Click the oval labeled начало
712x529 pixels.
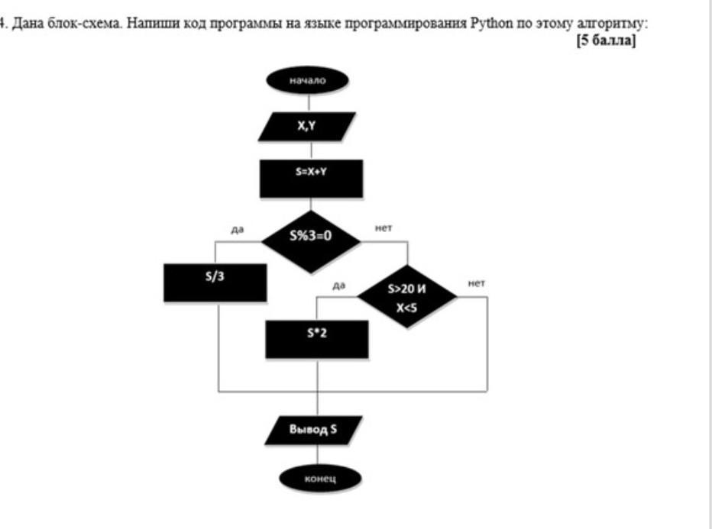307,79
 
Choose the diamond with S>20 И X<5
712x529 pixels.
407,298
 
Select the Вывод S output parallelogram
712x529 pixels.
312,430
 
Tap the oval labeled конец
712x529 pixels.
319,479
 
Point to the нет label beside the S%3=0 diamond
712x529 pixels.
383,227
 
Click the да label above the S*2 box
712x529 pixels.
340,285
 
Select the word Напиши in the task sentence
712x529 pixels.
154,24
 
